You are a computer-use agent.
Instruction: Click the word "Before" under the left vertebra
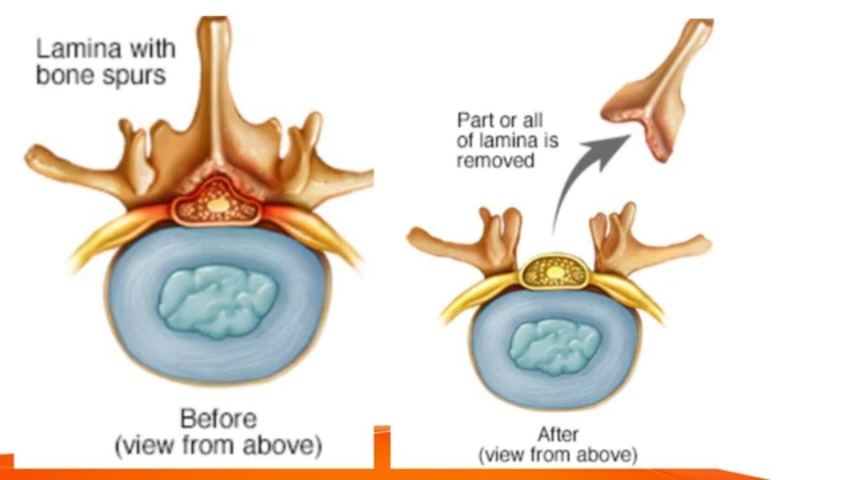click(x=218, y=419)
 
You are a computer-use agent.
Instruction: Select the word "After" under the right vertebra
click(x=558, y=435)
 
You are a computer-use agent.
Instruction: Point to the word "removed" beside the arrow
click(x=496, y=160)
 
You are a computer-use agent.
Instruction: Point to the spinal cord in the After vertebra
click(x=552, y=273)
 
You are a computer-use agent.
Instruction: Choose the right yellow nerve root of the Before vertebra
click(x=327, y=233)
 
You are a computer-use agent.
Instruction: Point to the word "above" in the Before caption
click(x=287, y=445)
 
